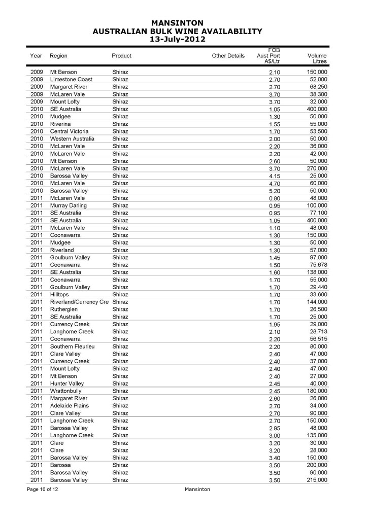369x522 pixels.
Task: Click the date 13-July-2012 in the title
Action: point(178,39)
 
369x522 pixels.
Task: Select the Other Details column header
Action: point(228,56)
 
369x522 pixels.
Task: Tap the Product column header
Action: point(121,56)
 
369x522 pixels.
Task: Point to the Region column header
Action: point(59,56)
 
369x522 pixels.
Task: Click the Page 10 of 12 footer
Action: point(44,489)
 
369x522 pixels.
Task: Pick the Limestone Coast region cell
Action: point(71,80)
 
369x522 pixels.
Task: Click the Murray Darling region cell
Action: point(69,205)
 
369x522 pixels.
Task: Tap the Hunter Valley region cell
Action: point(67,384)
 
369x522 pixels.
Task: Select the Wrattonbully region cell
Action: point(66,391)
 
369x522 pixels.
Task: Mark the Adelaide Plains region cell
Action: point(70,406)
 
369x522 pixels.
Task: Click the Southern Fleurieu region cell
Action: point(73,346)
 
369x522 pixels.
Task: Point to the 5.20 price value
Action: point(274,191)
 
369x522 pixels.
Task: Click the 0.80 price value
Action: point(274,198)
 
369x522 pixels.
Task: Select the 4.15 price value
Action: point(274,176)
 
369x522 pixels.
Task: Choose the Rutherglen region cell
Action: point(64,309)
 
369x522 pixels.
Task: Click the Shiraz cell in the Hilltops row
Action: point(120,295)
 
